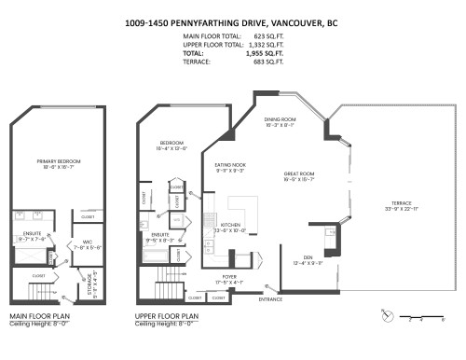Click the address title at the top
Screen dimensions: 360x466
tap(233, 21)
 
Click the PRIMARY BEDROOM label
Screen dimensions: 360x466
tap(55, 161)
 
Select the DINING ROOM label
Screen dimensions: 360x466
tap(280, 119)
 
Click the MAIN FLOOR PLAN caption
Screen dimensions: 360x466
tap(40, 318)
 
